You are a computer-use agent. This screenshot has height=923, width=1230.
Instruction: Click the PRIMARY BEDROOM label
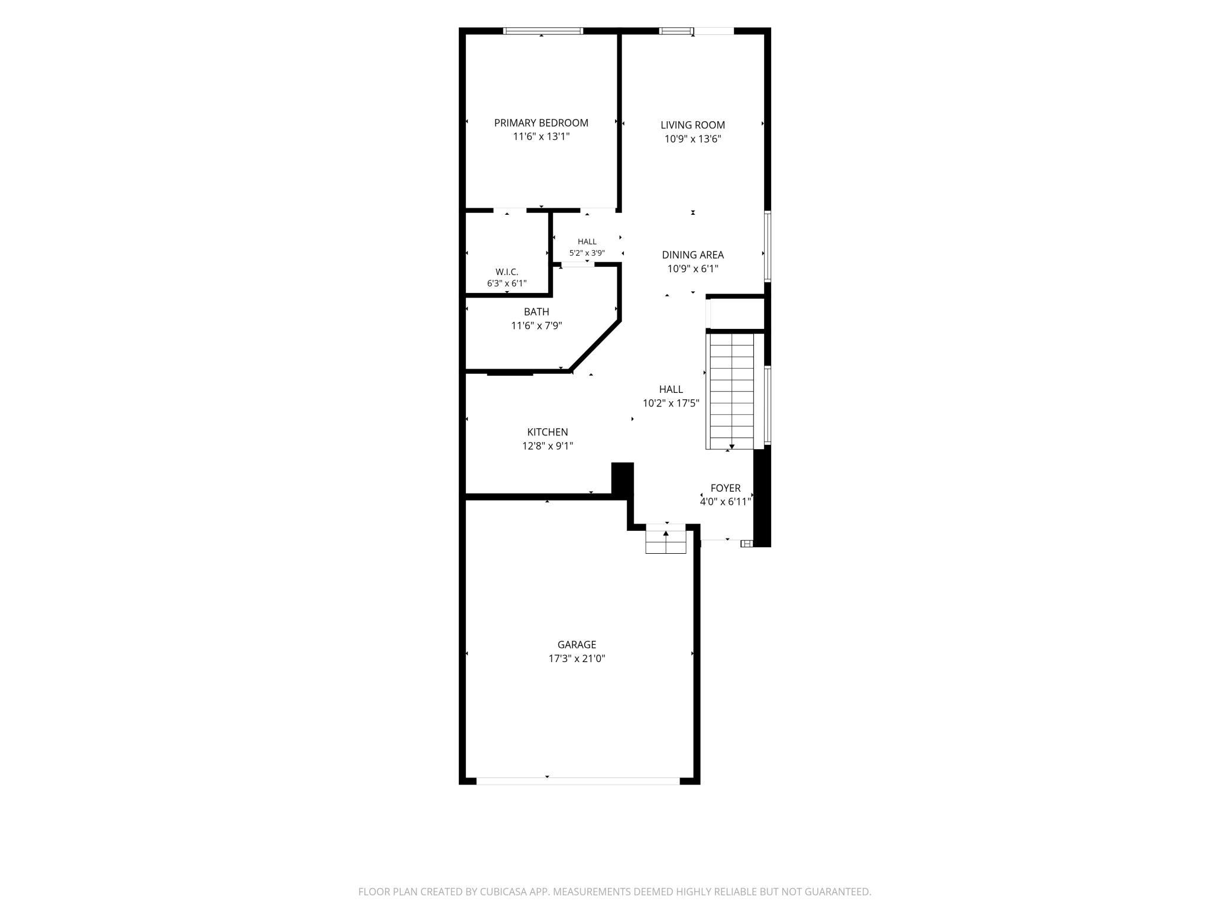[x=541, y=123]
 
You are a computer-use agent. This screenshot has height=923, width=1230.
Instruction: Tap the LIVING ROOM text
[x=692, y=125]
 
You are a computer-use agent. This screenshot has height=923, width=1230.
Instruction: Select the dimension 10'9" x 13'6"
[x=692, y=140]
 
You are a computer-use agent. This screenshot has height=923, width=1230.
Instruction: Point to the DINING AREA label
[x=692, y=255]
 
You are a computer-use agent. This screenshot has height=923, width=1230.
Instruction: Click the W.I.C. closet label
[x=507, y=272]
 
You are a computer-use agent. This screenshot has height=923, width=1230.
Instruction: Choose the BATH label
[x=536, y=312]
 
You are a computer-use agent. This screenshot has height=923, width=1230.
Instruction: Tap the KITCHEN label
[x=548, y=433]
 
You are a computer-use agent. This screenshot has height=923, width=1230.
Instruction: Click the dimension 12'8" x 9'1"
[x=548, y=446]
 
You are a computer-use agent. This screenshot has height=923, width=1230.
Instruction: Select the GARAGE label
[x=577, y=645]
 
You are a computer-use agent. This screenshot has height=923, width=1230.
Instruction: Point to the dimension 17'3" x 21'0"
[x=577, y=659]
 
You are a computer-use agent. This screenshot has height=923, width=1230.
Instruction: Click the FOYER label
[x=726, y=488]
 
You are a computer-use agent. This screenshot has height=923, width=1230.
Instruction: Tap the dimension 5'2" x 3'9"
[x=587, y=253]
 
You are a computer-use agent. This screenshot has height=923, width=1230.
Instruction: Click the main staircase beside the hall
[x=731, y=391]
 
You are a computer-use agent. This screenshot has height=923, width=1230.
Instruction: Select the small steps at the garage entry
[x=666, y=538]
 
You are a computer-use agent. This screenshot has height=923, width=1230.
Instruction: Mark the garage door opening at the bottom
[x=578, y=781]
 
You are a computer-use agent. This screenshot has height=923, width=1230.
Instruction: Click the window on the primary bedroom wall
[x=543, y=31]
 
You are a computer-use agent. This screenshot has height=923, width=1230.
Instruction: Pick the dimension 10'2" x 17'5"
[x=671, y=404]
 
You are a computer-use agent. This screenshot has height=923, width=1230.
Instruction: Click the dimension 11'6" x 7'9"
[x=536, y=325]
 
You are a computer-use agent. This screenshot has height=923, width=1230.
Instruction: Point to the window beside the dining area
[x=768, y=246]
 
